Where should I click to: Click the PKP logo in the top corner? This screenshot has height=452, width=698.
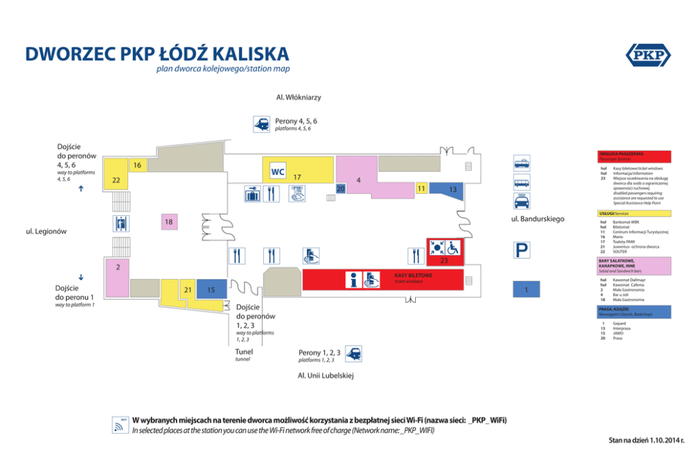click(647, 56)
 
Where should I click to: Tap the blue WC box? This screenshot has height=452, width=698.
click(277, 172)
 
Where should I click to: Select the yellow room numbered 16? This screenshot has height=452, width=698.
click(137, 165)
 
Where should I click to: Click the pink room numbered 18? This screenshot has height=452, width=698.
click(168, 222)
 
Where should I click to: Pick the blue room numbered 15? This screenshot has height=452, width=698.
click(211, 289)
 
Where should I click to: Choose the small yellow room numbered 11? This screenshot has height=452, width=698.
click(421, 188)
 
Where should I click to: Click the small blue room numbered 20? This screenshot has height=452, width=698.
click(341, 188)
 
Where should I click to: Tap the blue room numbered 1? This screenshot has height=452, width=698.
click(526, 289)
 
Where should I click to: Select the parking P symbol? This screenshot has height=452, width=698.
click(521, 251)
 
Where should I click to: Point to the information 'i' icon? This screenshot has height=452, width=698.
click(355, 280)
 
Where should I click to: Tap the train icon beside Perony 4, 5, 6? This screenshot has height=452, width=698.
click(262, 124)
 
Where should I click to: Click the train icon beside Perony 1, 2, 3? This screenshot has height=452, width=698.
click(353, 354)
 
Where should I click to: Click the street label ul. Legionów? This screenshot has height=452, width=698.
click(46, 231)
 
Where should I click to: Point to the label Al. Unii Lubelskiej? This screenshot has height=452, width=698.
click(325, 375)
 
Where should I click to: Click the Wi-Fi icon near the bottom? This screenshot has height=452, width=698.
click(119, 425)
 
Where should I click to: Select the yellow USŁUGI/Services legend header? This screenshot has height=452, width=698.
click(633, 213)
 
